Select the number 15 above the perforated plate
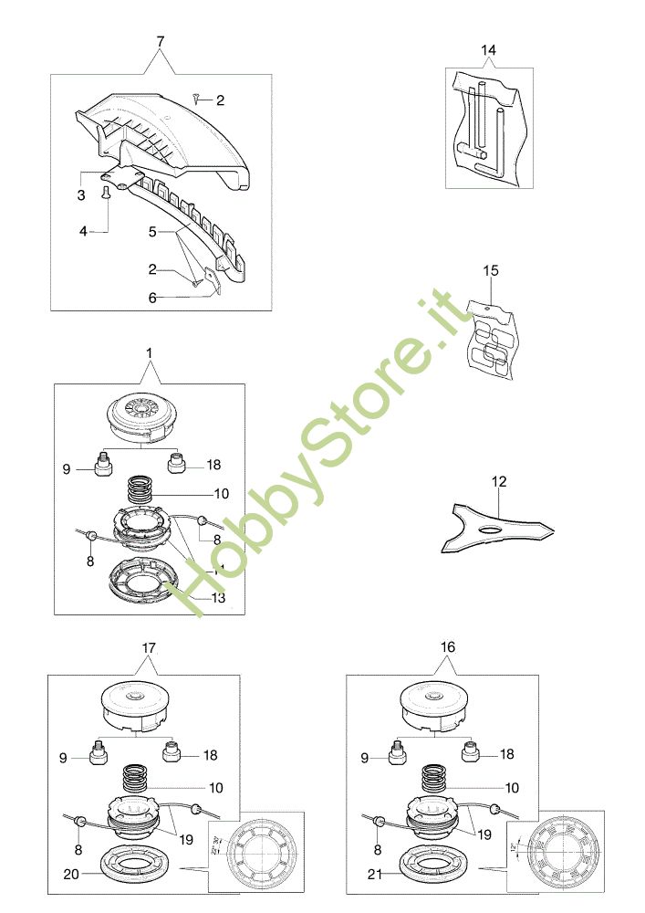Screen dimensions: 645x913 492,271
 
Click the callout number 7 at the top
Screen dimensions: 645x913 161,42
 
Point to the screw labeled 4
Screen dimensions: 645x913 109,192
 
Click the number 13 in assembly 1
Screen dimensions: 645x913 218,598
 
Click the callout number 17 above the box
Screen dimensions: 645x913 150,648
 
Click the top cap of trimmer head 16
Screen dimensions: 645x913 435,702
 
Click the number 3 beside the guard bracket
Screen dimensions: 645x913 80,195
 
